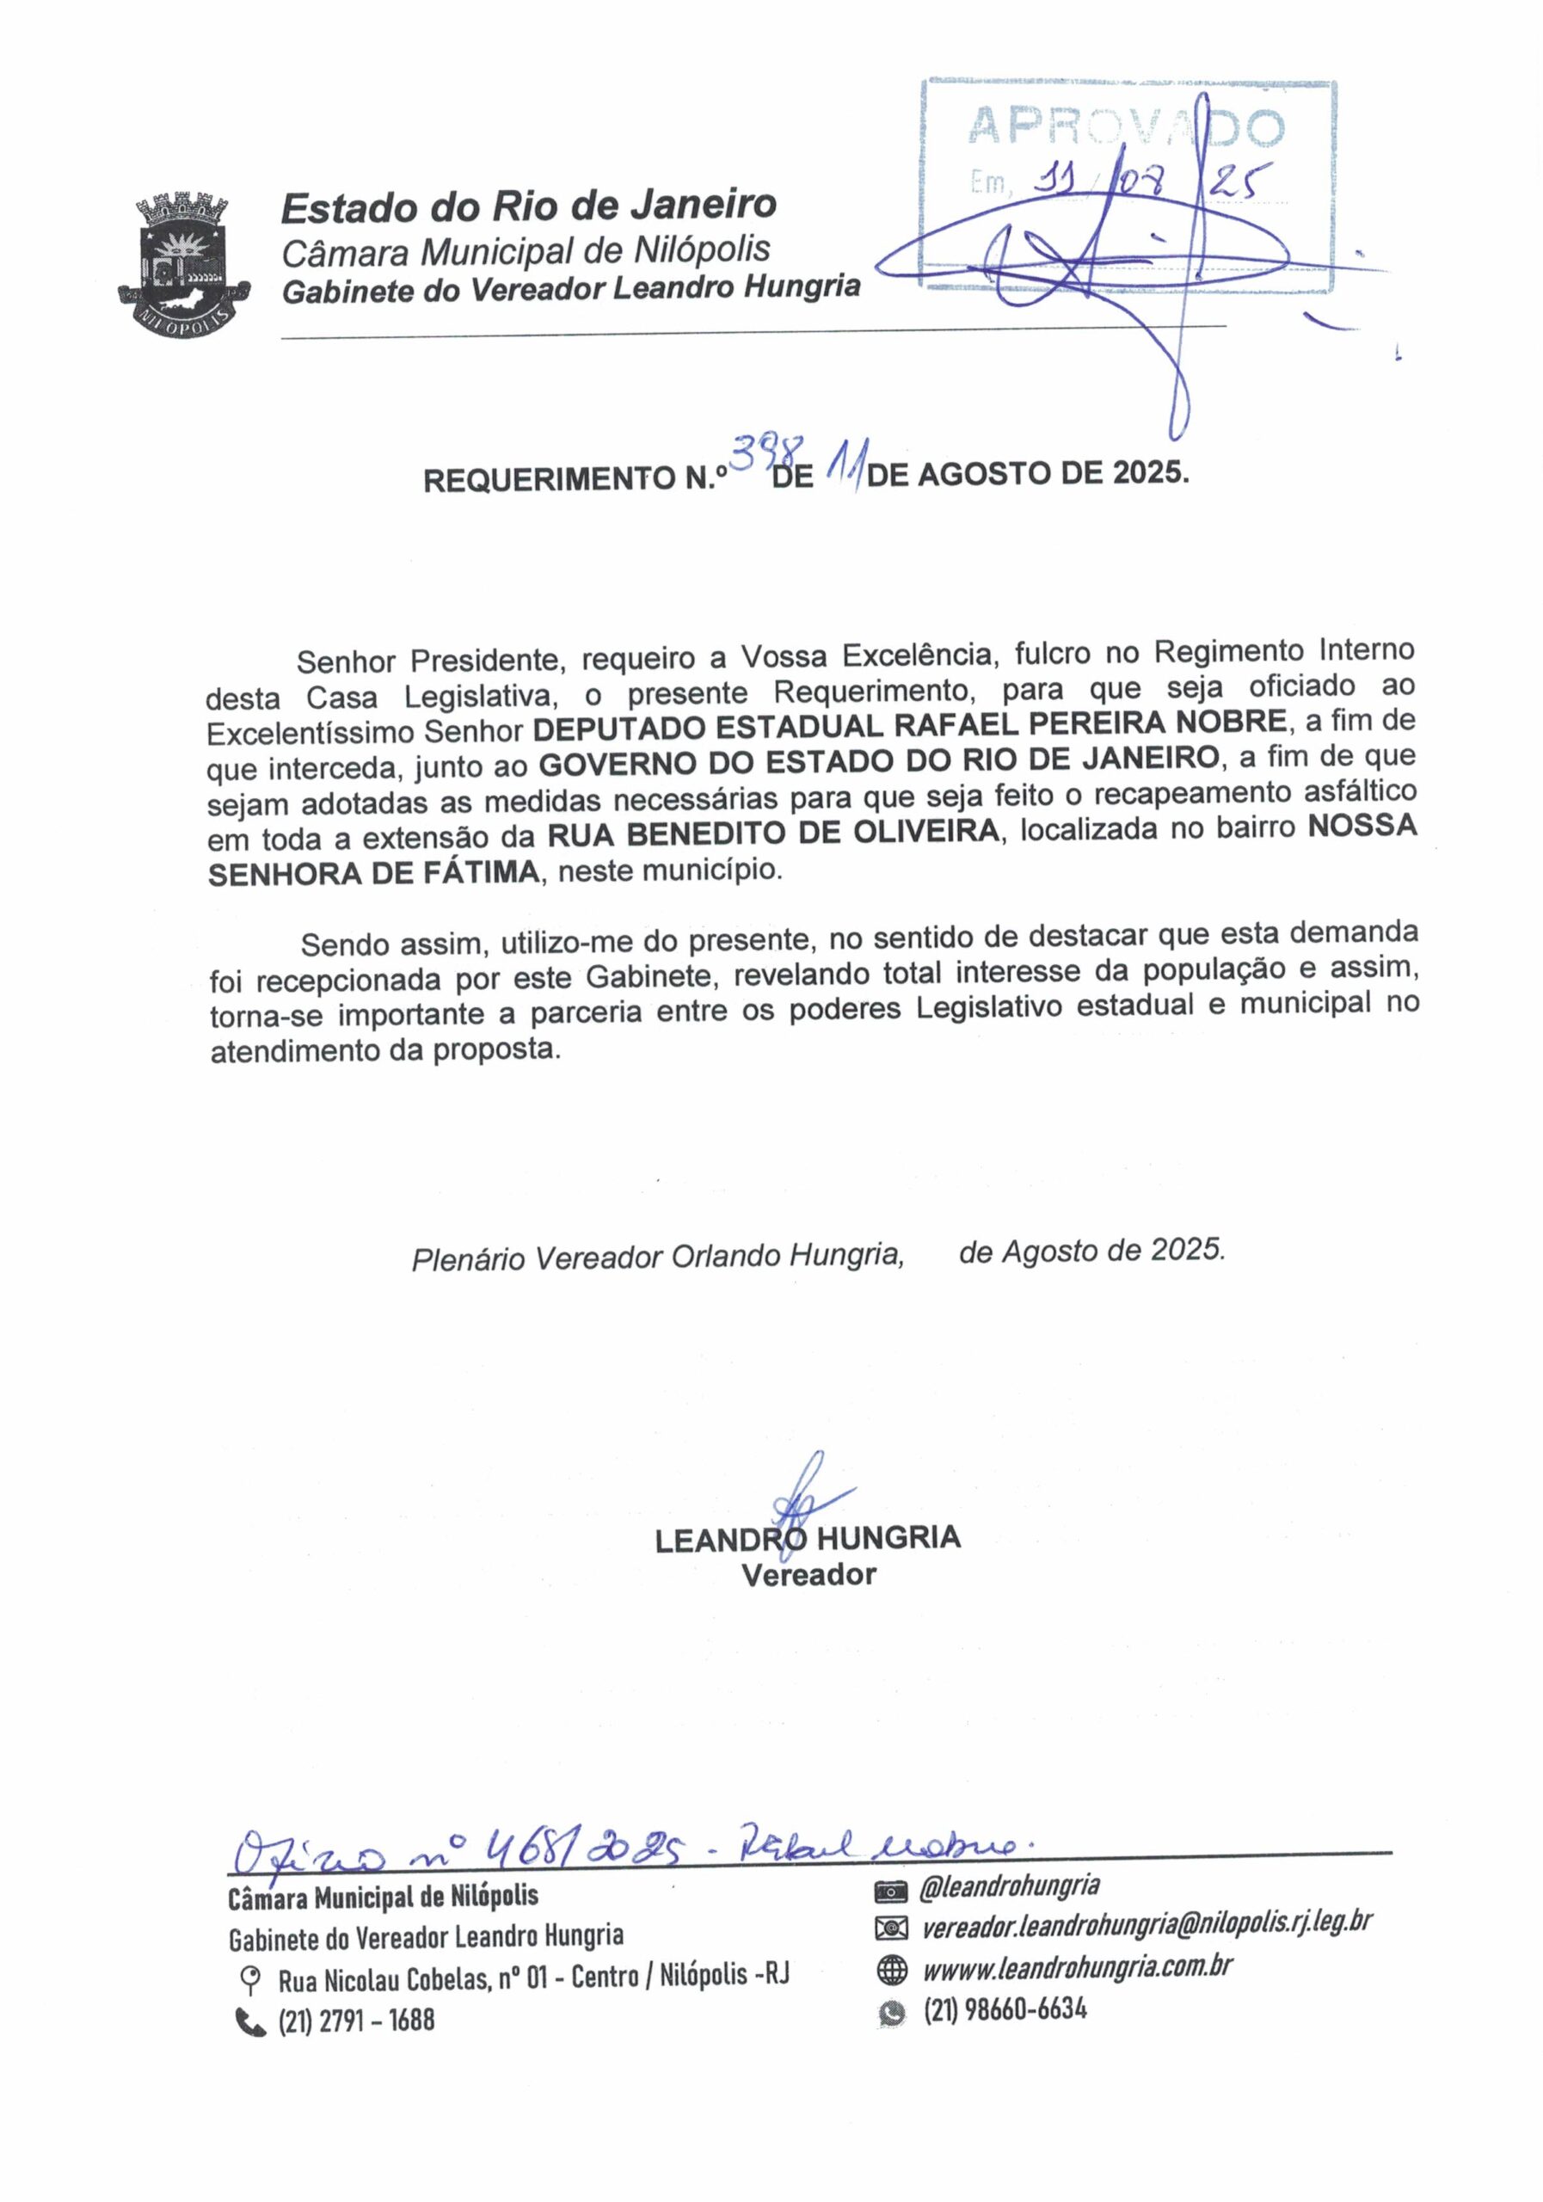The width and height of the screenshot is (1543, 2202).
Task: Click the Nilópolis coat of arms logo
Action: click(x=183, y=265)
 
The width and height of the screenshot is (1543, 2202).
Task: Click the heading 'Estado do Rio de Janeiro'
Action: click(x=528, y=206)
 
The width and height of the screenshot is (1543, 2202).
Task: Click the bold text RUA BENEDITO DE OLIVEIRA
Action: click(x=773, y=833)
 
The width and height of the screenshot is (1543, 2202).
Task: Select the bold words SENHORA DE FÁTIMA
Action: click(x=374, y=873)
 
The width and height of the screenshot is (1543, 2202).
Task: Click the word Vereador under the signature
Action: click(x=808, y=1575)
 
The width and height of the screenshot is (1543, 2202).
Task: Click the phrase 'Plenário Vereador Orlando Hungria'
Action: click(x=658, y=1257)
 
